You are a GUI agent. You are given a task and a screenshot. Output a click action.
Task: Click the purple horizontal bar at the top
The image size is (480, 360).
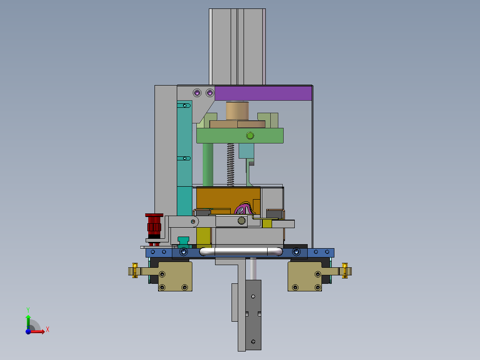tap(263, 93)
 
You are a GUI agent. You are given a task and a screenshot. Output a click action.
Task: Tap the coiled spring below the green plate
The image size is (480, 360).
tap(231, 164)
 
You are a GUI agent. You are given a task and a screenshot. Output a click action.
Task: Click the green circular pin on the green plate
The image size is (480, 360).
tap(250, 135)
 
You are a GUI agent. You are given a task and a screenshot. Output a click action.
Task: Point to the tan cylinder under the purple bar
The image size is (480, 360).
tap(237, 111)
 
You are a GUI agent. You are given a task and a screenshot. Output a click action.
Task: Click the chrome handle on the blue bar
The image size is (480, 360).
tap(241, 252)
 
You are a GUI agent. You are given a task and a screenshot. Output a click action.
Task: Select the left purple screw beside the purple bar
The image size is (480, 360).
tap(197, 93)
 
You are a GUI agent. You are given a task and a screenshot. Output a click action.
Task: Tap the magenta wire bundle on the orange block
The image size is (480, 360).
tap(244, 209)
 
